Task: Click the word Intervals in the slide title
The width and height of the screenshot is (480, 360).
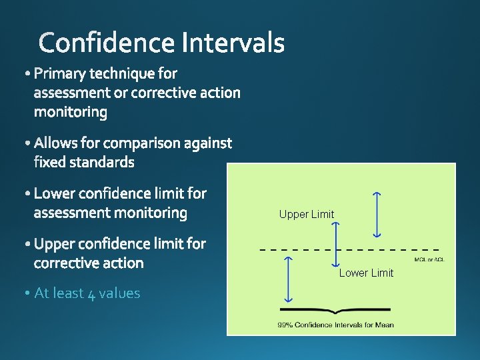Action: pyautogui.click(x=233, y=43)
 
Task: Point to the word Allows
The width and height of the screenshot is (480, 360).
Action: pyautogui.click(x=56, y=143)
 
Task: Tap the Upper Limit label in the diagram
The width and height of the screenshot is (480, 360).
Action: pyautogui.click(x=307, y=214)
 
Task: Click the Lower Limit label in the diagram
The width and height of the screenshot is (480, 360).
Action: pyautogui.click(x=366, y=273)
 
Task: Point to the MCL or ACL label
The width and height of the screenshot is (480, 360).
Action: pyautogui.click(x=429, y=259)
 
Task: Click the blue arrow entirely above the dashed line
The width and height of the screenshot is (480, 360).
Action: pyautogui.click(x=377, y=214)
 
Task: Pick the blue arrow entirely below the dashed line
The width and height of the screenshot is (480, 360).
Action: pyautogui.click(x=287, y=280)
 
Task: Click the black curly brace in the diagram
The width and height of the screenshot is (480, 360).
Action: pyautogui.click(x=335, y=311)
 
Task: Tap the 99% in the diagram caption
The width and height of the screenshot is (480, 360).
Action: pyautogui.click(x=286, y=325)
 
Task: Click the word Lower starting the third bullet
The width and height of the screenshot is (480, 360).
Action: pyautogui.click(x=55, y=194)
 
